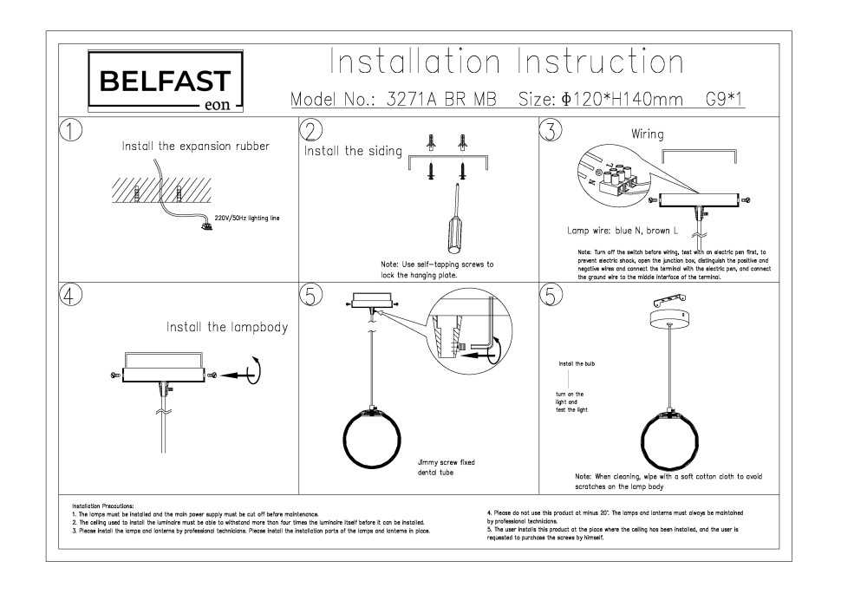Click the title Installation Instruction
506,62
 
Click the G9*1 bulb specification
726,100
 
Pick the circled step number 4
71,295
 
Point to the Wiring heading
648,134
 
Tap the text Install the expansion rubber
196,147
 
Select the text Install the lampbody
226,328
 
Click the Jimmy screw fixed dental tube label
446,467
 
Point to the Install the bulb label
577,363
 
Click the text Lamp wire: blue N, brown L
622,232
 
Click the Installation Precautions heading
103,505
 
